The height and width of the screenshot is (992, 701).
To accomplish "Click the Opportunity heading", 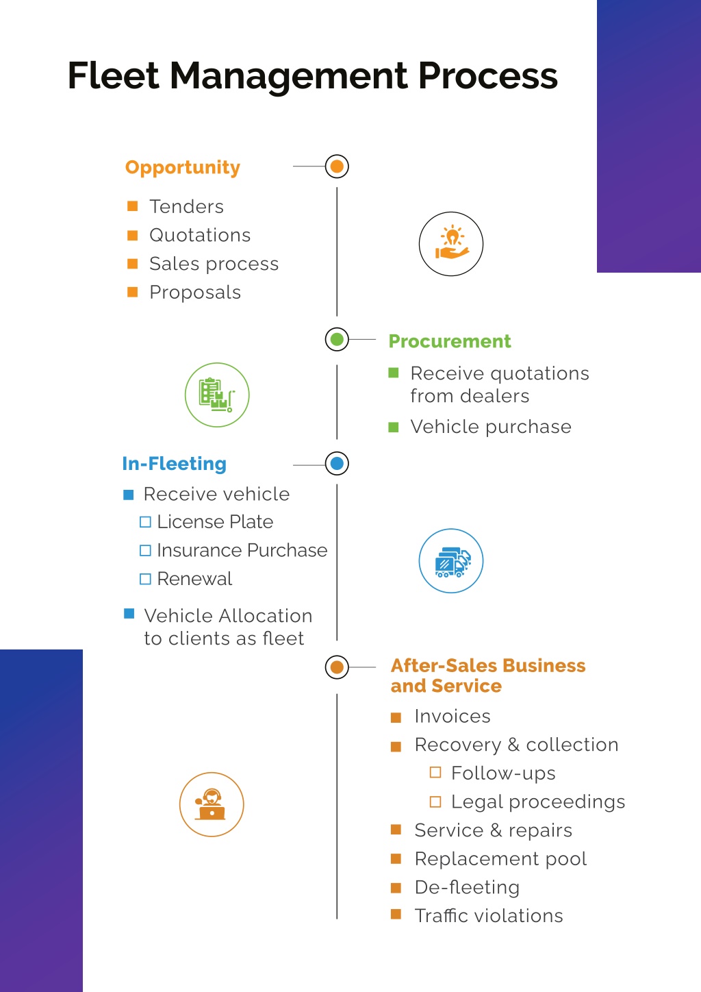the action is pyautogui.click(x=182, y=168).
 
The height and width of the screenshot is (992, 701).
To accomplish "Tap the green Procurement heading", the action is pyautogui.click(x=450, y=341).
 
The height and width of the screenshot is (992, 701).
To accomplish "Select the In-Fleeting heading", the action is pyautogui.click(x=175, y=464).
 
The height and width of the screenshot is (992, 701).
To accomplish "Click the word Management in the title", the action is pyautogui.click(x=288, y=76).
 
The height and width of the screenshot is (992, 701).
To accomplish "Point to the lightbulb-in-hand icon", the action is pyautogui.click(x=451, y=244).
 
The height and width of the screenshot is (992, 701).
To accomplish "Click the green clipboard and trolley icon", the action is pyautogui.click(x=217, y=395).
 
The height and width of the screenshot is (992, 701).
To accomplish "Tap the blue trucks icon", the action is pyautogui.click(x=451, y=560).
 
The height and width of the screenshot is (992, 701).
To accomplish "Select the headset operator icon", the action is pyautogui.click(x=212, y=804).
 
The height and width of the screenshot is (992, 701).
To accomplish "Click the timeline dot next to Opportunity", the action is pyautogui.click(x=337, y=166).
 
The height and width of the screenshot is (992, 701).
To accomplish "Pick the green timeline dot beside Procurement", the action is pyautogui.click(x=337, y=340).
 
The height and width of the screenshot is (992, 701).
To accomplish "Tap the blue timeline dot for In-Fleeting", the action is pyautogui.click(x=337, y=464).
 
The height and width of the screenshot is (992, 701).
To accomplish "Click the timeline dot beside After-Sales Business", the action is pyautogui.click(x=337, y=667).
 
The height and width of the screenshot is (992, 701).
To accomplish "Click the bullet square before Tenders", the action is pyautogui.click(x=132, y=206).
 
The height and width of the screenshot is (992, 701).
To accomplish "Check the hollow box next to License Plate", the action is pyautogui.click(x=145, y=522).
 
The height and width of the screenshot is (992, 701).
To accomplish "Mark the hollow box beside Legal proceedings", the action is pyautogui.click(x=435, y=802).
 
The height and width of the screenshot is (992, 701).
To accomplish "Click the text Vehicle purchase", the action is pyautogui.click(x=491, y=427).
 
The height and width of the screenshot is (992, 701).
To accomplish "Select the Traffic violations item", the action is pyautogui.click(x=489, y=916).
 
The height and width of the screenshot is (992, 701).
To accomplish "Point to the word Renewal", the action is pyautogui.click(x=194, y=579).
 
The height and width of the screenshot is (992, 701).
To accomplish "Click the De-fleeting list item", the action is pyautogui.click(x=467, y=887).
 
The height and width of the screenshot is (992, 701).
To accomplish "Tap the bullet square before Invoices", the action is pyautogui.click(x=396, y=717).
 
